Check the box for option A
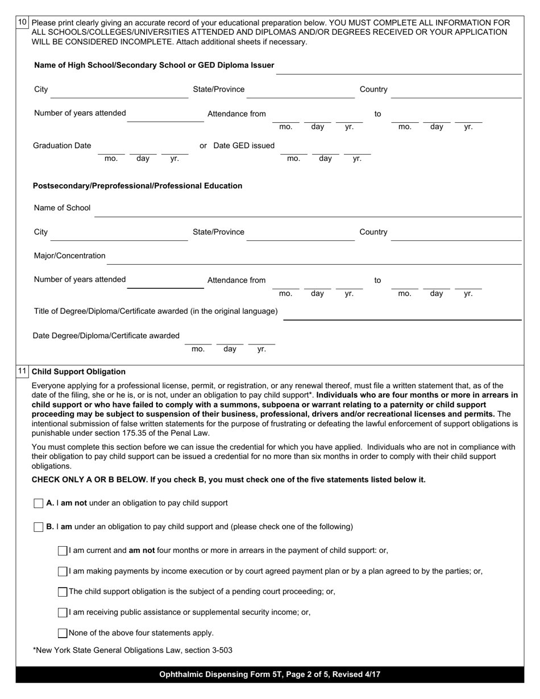pos(39,504)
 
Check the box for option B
pos(39,527)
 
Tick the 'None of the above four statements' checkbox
pos(63,633)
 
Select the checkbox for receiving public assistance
pos(63,613)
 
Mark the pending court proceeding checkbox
pos(63,592)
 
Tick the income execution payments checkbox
pos(63,571)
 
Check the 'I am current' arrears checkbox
pos(63,551)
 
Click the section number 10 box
pos(22,23)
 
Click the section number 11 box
pos(22,372)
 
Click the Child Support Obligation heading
pos(78,372)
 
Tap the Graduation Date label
pos(62,145)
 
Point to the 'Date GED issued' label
pos(243,145)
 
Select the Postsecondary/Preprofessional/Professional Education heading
pos(138,186)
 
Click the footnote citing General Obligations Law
pos(133,650)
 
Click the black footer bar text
pos(270,675)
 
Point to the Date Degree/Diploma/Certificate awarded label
pos(106,335)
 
